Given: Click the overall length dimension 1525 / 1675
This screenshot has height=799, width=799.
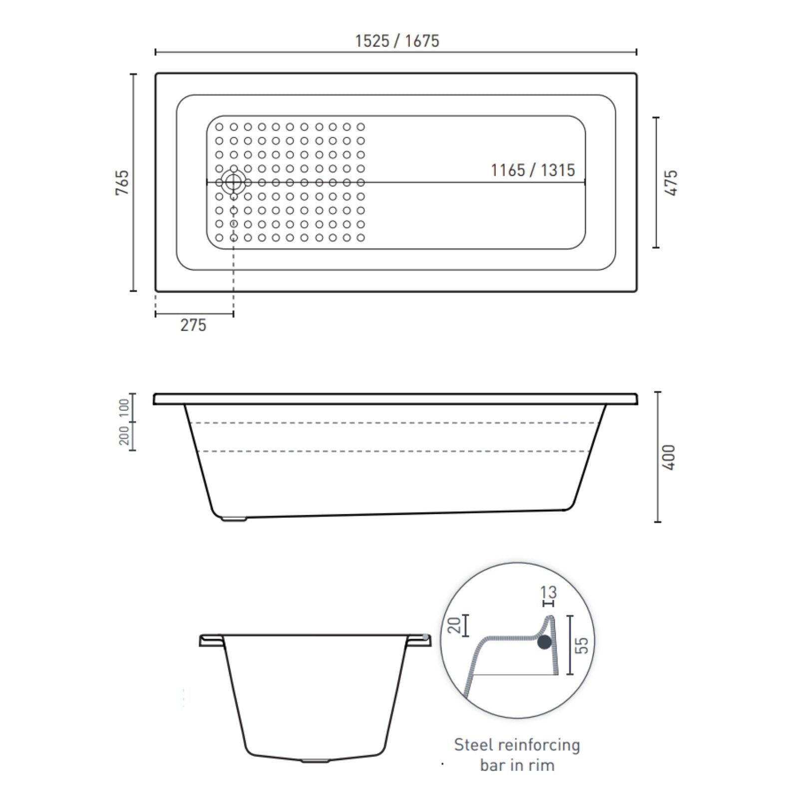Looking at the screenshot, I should (x=397, y=41).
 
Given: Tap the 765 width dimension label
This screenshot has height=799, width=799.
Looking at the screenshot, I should (x=122, y=182).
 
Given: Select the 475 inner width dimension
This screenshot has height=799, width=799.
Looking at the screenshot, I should (x=672, y=183).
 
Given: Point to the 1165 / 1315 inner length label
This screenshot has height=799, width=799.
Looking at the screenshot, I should (x=532, y=170).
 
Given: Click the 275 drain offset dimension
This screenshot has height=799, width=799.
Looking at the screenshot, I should (x=193, y=325).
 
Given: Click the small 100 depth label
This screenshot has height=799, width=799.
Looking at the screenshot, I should (x=124, y=408).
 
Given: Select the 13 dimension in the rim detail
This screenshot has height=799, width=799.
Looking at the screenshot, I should (x=548, y=592).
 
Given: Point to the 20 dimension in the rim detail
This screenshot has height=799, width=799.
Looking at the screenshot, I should (x=454, y=625).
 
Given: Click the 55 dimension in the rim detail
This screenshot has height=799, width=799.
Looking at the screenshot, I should (x=582, y=645).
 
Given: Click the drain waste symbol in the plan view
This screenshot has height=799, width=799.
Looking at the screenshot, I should (x=233, y=183).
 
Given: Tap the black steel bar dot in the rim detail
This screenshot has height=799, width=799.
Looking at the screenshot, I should (x=544, y=642).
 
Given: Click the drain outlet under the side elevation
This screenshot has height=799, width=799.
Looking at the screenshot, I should (x=234, y=519).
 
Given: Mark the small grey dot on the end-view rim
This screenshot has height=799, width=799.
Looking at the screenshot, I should (x=425, y=637).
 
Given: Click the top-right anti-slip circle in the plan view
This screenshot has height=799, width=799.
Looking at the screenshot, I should (x=361, y=127).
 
